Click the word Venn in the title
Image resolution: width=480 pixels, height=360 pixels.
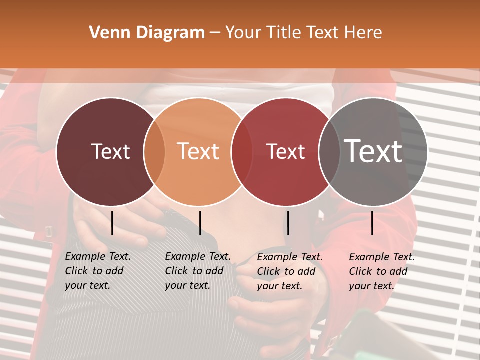coord(105,33)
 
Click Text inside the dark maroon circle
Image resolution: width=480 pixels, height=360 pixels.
coord(110,152)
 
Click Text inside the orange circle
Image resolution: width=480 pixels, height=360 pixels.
coord(198,152)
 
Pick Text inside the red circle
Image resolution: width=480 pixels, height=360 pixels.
coord(285,152)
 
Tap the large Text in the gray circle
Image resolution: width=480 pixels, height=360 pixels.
coord(373,152)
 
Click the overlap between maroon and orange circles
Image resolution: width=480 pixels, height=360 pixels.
coord(154,152)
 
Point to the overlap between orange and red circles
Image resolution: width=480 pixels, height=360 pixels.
coord(242,152)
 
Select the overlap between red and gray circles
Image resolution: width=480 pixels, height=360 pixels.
coord(329,152)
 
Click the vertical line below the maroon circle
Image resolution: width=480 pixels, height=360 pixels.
coord(112,223)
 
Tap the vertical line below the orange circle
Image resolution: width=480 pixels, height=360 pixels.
coord(200,223)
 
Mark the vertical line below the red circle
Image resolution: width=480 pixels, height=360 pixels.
coord(288,223)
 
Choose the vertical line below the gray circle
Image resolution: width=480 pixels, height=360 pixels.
coord(372,223)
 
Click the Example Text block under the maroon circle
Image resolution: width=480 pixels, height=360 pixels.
coord(98,271)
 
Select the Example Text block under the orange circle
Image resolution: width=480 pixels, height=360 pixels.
coord(198,271)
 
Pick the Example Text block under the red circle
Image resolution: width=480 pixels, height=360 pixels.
coord(290,271)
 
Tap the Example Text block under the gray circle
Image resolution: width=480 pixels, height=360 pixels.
coord(382,271)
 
